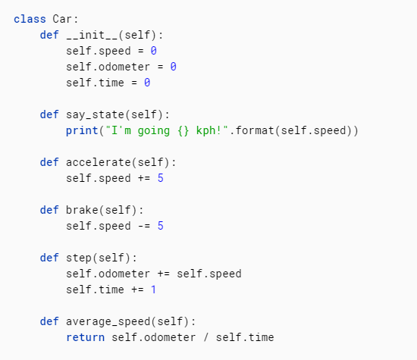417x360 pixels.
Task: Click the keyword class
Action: click(30, 19)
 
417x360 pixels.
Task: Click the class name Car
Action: click(62, 19)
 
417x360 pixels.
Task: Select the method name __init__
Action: click(92, 35)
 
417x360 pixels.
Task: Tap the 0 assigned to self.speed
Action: click(154, 51)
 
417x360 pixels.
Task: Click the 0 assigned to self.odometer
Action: click(174, 67)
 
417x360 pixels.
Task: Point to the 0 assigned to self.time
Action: click(147, 83)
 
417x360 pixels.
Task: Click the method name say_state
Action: click(96, 115)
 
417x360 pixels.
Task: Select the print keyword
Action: click(82, 130)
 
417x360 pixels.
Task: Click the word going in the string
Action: click(154, 131)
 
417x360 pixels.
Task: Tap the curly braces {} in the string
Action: click(183, 130)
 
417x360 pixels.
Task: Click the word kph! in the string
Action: click(209, 130)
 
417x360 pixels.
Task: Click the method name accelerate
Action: click(99, 162)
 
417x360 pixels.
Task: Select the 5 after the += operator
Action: click(161, 178)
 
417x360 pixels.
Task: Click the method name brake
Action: click(82, 210)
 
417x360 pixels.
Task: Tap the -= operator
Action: click(144, 226)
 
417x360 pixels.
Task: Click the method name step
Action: click(79, 258)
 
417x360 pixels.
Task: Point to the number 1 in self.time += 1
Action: click(153, 290)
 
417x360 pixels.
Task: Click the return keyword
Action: click(86, 337)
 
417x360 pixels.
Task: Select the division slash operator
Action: click(205, 337)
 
